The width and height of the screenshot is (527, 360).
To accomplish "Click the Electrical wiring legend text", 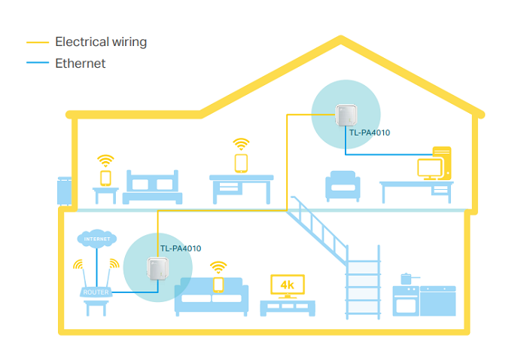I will coord(101,42).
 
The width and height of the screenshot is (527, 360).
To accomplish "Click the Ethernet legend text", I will coord(81,63).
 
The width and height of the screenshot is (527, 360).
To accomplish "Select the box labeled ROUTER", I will coord(96,291).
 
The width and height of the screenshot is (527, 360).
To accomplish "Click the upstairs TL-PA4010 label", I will coord(370,133).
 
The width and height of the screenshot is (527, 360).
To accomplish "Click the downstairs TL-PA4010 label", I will coord(181,248).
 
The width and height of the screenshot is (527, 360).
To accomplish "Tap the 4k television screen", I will coord(287,285).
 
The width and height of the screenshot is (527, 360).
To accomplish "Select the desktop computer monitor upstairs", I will coord(431,167).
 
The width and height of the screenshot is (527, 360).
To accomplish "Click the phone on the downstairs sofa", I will coord(218,285).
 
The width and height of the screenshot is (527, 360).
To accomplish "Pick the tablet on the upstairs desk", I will coord(241,163).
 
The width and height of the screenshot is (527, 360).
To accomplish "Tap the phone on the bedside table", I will coord(105,178).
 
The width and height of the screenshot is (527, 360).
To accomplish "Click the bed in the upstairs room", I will coord(153,188).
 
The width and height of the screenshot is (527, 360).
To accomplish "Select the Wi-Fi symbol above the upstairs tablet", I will coord(241,143).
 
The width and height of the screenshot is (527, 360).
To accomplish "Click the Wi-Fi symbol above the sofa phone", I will coord(218,267).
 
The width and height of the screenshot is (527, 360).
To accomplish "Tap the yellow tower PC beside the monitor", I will coord(443,162).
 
